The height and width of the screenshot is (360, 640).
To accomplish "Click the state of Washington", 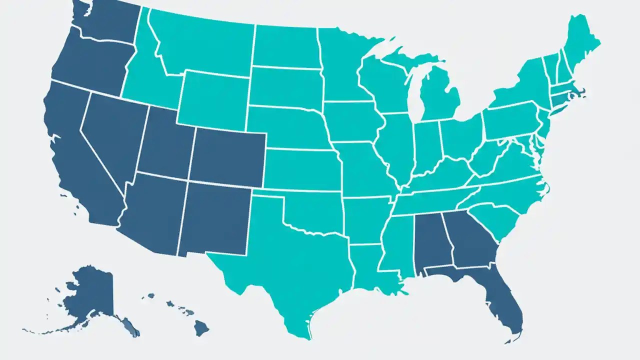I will click(x=107, y=20).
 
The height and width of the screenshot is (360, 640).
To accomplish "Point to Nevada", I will click(x=112, y=135).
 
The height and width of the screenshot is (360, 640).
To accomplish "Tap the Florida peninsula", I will click(x=505, y=300).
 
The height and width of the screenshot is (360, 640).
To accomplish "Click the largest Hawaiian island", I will click(x=201, y=328).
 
